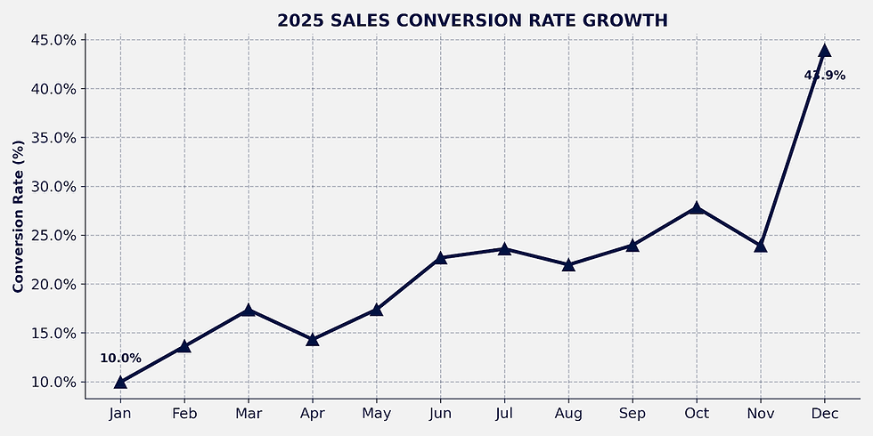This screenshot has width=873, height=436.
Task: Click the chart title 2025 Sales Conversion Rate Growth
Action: tap(472, 20)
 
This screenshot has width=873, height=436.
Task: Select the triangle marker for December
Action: tap(825, 51)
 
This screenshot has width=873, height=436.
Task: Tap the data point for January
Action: tap(120, 382)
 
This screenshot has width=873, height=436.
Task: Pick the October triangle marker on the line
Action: tap(696, 208)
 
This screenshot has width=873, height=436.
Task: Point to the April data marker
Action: tap(313, 339)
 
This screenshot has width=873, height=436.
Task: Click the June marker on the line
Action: tap(440, 257)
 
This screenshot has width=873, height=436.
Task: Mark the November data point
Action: tap(761, 246)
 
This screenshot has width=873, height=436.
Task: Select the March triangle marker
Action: tap(249, 310)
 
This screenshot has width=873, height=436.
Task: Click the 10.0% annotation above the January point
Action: tap(120, 359)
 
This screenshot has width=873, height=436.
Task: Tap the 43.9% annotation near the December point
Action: tap(825, 75)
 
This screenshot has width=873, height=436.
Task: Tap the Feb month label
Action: tap(184, 414)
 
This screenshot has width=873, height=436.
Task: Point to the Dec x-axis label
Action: tap(825, 414)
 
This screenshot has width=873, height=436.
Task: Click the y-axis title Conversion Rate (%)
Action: tap(19, 216)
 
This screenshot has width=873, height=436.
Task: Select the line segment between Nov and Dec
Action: tap(792, 148)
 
